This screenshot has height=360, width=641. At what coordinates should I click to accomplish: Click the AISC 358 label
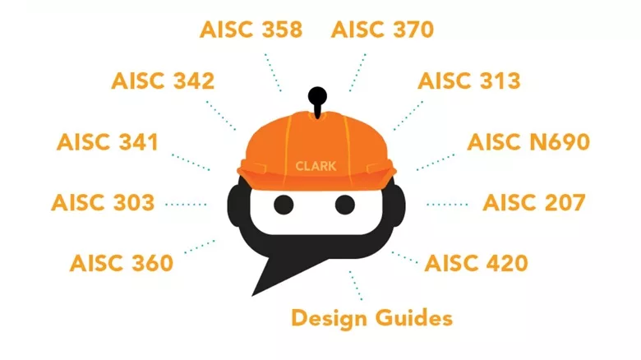pos(251,30)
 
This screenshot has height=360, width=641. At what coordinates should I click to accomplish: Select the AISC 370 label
pos(382,30)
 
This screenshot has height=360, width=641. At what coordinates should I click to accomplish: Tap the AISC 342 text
pos(163,81)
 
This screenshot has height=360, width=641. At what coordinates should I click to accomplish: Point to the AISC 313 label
pos(469,81)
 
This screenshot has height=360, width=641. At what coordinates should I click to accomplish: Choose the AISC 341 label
pos(107,141)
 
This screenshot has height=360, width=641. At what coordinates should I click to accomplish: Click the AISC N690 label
pos(528,141)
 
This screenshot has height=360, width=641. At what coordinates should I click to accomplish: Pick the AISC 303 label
pos(103,202)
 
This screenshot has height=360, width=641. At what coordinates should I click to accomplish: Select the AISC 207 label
pos(533,202)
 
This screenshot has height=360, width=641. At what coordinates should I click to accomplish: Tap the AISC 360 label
pos(122,263)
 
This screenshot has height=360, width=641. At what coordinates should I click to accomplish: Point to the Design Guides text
pos(371,317)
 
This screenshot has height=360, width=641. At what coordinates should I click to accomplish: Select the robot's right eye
pos(345,203)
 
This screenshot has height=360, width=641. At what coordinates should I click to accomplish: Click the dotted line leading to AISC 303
pos(186,203)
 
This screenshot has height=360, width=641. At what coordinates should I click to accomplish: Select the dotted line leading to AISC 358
pos(273,72)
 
